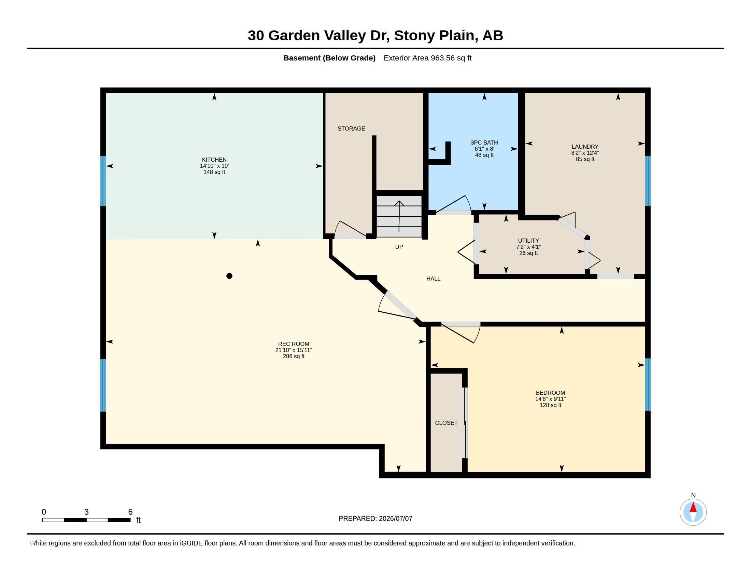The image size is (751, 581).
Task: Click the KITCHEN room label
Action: click(x=214, y=160)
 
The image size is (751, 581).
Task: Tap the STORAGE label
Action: click(x=351, y=129)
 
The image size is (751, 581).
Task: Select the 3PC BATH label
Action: click(x=484, y=143)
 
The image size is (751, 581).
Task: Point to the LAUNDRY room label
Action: click(x=585, y=147)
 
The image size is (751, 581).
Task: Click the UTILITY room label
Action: click(x=528, y=241)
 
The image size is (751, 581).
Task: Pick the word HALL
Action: click(x=433, y=279)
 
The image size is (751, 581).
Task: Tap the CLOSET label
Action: click(x=446, y=423)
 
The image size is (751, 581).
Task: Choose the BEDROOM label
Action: click(x=550, y=393)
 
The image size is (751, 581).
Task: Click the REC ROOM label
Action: click(x=294, y=344)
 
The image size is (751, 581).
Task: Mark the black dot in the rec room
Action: click(x=229, y=276)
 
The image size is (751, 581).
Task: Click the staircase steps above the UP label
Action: click(x=399, y=216)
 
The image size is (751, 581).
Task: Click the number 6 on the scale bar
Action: click(x=130, y=512)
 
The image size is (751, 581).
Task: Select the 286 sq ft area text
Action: click(x=294, y=356)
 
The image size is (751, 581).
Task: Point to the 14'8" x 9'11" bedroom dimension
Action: click(x=550, y=399)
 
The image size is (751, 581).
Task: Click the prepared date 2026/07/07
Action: click(x=395, y=518)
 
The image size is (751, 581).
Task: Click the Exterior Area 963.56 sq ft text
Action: click(x=427, y=58)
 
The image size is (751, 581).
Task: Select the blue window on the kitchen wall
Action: click(x=103, y=181)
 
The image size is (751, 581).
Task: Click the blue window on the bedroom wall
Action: click(x=648, y=385)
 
